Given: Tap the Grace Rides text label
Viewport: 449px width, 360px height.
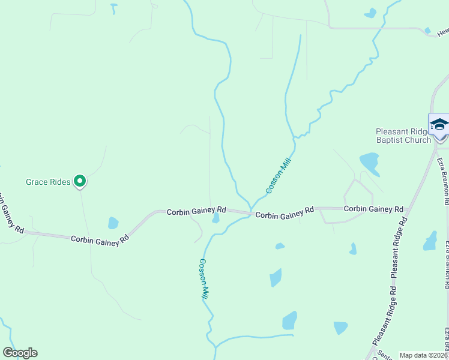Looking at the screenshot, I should point(48,181).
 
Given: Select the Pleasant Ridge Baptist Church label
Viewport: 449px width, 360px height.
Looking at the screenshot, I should point(403,136).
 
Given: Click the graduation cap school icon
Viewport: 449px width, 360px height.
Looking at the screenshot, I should point(439,124).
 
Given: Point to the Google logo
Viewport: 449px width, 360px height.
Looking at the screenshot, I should point(20,353).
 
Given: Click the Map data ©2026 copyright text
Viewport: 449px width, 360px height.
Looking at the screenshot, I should point(423,355).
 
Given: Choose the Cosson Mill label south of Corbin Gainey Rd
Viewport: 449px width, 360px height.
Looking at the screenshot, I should point(204,279).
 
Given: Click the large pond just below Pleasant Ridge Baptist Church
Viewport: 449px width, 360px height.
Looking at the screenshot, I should point(369,161).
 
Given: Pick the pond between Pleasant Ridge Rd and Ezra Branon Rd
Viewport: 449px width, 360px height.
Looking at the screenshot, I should point(430,241).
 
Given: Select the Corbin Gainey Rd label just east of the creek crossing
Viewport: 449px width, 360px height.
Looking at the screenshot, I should point(285,212).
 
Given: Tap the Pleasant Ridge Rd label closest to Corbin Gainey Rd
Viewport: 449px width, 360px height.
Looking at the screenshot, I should point(399,247).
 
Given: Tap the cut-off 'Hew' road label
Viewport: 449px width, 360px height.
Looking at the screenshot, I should point(442,32).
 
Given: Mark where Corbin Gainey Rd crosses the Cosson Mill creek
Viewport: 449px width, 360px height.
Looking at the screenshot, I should point(250,214).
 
